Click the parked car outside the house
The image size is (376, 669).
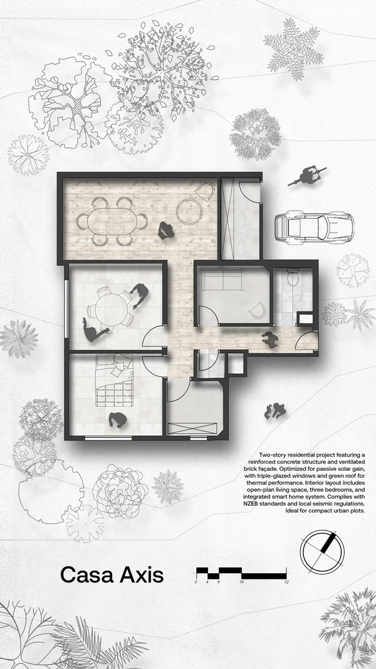coord(314,228)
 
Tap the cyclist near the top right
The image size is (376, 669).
coord(307,176)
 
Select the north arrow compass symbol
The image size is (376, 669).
coord(322,551)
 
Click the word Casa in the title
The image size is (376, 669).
coord(86,575)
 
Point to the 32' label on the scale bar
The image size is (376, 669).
coord(286,582)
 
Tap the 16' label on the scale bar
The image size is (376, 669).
coord(242,582)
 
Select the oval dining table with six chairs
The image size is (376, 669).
coord(112,221)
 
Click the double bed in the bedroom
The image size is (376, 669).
coord(114,381)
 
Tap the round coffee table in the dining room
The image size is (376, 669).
coord(190,211)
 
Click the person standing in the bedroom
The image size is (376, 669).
coord(117,420)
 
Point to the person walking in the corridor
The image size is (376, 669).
coord(270,339)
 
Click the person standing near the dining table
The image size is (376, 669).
coord(166,231)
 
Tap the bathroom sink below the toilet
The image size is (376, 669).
coord(305,319)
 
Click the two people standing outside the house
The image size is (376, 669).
coord(275,411)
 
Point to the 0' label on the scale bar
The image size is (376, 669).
coord(196,582)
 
